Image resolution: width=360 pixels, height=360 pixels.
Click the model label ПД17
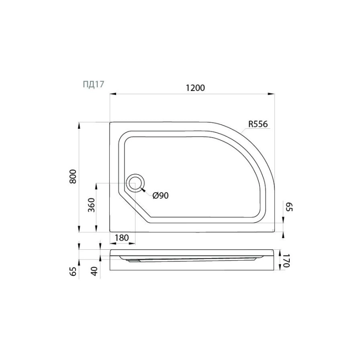tap(94, 84)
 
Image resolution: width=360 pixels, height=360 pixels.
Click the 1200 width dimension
tap(195, 88)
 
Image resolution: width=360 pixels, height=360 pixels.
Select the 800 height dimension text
tap(73, 176)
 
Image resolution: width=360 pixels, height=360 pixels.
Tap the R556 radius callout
tap(258, 124)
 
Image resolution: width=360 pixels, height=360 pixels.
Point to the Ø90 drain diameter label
tap(161, 196)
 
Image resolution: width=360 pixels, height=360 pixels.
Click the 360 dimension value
tap(91, 205)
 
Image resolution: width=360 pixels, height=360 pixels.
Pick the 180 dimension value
tap(121, 238)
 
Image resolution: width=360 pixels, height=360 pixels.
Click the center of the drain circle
tap(135, 183)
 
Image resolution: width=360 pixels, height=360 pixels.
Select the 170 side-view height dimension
tap(287, 261)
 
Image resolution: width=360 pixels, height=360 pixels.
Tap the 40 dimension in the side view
tap(94, 271)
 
